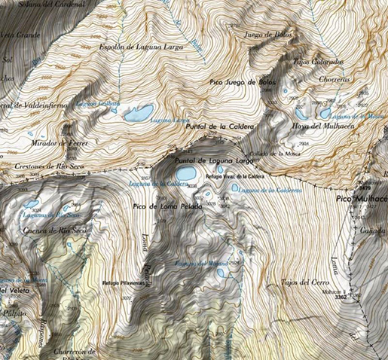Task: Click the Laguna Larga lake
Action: [139, 113]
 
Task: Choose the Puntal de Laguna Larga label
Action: [214, 161]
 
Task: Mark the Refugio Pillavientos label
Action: [124, 282]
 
